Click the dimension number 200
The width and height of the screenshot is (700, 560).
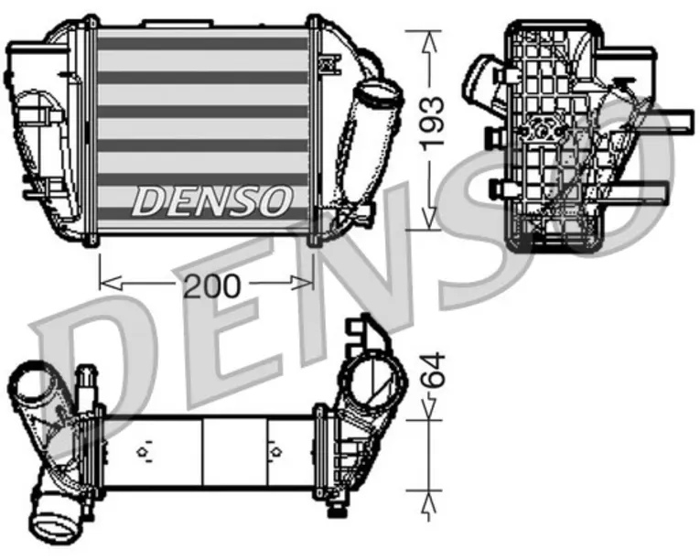[x=212, y=285]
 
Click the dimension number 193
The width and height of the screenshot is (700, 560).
[x=433, y=121]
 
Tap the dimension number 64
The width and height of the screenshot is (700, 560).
[x=433, y=370]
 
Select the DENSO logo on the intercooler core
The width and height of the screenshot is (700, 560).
[x=212, y=201]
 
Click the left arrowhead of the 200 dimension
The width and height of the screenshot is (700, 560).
[x=111, y=283]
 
